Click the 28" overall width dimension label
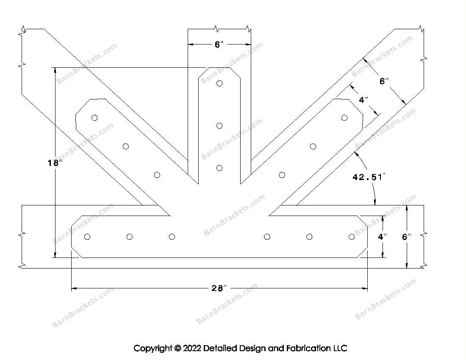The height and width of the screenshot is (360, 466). pos(219,288)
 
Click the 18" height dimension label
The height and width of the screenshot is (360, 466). pos(55,162)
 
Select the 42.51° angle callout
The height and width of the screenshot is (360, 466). pos(368,177)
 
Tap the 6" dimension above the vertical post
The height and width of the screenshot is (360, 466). pos(219,44)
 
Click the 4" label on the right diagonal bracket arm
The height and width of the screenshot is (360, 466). pos(363,100)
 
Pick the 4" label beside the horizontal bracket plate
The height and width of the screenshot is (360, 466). pos(383,237)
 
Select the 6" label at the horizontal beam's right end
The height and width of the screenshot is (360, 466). pos(407,237)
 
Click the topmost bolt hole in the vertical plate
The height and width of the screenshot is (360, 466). pos(219,83)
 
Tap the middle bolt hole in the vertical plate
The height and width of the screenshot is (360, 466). pos(219,125)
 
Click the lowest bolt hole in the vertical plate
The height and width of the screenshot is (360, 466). pos(219,168)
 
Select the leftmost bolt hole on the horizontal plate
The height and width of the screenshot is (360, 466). pos(88,237)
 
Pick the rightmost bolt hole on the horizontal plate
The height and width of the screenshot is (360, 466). pos(351,237)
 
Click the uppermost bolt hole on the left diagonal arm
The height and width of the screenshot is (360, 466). pos(94,118)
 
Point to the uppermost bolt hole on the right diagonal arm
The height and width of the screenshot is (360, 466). pos(344,118)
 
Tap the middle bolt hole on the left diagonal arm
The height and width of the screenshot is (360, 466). pos(126,147)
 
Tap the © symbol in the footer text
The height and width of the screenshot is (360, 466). pos(177,349)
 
